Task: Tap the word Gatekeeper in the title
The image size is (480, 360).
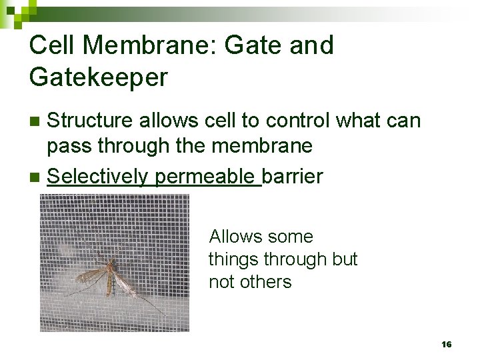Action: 98,77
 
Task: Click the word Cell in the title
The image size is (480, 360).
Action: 52,45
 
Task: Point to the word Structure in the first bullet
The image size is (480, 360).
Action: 89,121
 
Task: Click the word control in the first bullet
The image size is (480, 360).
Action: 297,121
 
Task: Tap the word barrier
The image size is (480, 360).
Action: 293,177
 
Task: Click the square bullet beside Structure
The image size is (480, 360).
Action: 36,121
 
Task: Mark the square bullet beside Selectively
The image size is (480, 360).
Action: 36,177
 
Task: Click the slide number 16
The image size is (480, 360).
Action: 446,344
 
